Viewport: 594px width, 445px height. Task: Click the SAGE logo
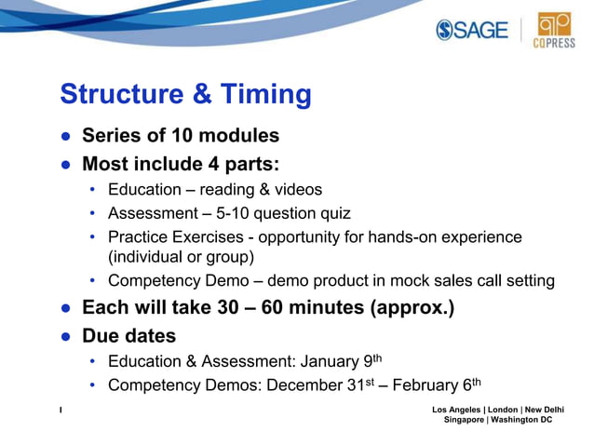click(x=472, y=30)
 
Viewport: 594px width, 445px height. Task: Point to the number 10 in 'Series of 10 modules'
click(x=168, y=136)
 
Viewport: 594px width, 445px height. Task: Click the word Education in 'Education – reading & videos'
click(x=144, y=190)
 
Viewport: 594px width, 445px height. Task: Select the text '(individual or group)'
click(x=181, y=257)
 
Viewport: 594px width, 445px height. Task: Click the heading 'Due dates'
click(x=128, y=335)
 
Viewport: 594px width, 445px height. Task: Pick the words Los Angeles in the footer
click(x=457, y=410)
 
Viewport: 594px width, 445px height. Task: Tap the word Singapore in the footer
click(x=462, y=420)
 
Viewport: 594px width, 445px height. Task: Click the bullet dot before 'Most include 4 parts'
click(x=66, y=165)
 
